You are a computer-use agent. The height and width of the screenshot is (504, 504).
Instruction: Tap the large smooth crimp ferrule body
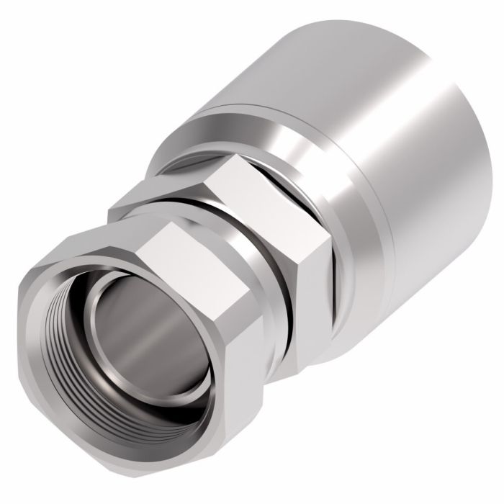tap(403, 144)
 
